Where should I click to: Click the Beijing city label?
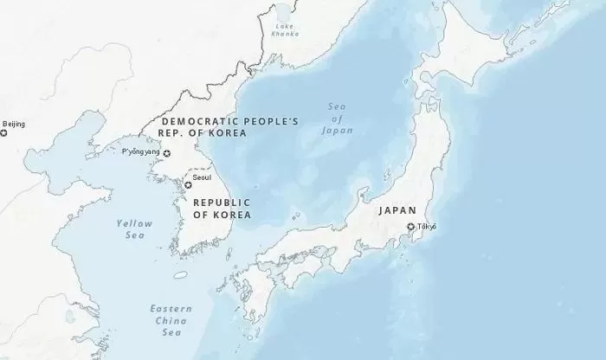click(15, 124)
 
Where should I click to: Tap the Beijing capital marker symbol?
click(1, 124)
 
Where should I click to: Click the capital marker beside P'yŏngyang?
click(168, 153)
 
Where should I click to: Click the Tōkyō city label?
click(427, 227)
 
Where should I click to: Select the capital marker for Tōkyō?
click(412, 228)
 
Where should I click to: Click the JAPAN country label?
click(397, 210)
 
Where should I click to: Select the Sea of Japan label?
click(337, 119)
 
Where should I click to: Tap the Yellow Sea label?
click(134, 228)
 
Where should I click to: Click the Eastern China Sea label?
click(171, 320)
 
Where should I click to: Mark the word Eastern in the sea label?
click(171, 309)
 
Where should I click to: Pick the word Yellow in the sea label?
click(134, 223)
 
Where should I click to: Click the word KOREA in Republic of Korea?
click(234, 214)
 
